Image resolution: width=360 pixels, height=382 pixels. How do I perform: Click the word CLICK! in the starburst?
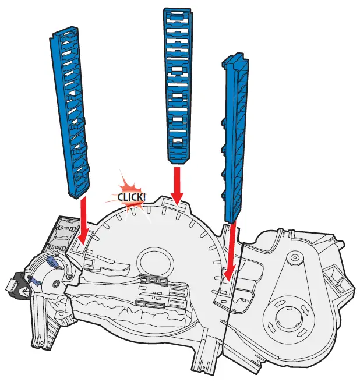pyautogui.click(x=132, y=196)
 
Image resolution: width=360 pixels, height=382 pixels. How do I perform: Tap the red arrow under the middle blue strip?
pyautogui.click(x=176, y=185)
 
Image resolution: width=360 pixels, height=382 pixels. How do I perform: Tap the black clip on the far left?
pyautogui.click(x=14, y=287)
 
